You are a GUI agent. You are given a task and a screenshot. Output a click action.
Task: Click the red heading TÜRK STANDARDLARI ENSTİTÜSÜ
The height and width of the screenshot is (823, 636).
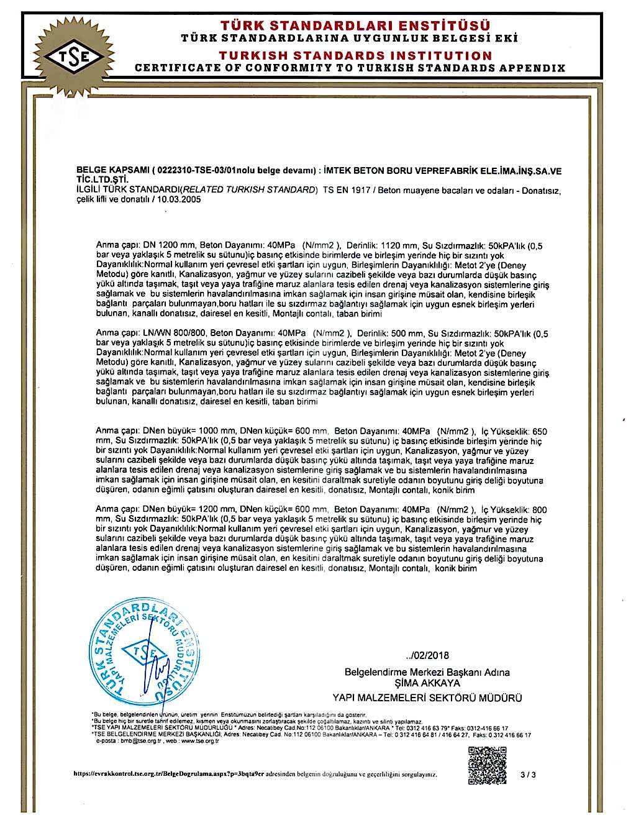355,25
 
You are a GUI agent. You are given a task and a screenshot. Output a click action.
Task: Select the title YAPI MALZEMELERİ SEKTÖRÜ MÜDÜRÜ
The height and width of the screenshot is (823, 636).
427,698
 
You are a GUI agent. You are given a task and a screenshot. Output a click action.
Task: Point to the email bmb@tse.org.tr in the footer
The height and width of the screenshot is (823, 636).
134,741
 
